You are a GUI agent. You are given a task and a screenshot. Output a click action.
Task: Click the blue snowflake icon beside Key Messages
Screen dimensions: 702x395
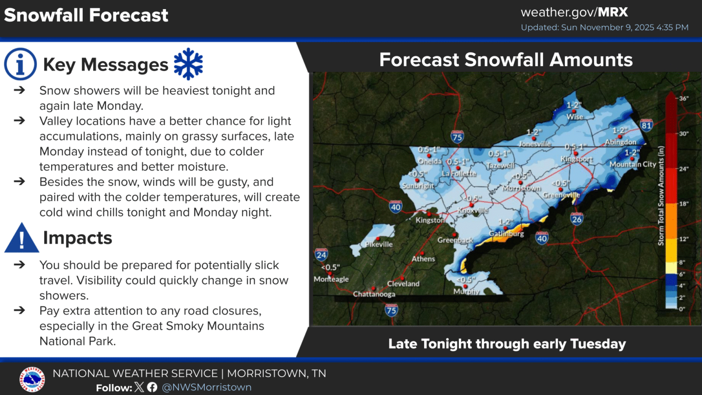(188, 64)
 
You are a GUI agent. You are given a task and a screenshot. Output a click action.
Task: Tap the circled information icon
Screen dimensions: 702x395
(20, 64)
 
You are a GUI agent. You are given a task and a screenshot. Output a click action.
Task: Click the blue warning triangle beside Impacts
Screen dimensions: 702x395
(21, 239)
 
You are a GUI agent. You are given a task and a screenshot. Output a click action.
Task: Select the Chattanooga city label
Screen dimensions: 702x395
(374, 294)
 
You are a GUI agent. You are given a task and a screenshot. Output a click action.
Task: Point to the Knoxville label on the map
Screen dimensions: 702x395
(473, 211)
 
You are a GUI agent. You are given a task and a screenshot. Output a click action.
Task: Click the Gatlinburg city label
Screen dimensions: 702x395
(506, 234)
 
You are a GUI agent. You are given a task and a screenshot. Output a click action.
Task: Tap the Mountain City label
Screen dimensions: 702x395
(633, 164)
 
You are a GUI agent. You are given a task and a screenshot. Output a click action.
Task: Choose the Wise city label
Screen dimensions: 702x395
(574, 117)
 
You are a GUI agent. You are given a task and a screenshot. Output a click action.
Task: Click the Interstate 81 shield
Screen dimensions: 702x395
(646, 125)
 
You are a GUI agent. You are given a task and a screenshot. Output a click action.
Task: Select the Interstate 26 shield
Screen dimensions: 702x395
(577, 219)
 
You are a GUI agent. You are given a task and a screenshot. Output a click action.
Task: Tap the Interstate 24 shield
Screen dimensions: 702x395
(321, 255)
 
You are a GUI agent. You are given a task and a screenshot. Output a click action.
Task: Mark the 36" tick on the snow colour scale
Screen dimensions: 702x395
(683, 98)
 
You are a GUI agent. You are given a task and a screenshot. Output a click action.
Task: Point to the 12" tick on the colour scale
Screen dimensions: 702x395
(683, 239)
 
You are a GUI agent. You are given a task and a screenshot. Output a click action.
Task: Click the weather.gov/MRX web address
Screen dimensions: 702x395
(574, 12)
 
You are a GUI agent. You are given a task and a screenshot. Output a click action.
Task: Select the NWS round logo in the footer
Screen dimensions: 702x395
(32, 379)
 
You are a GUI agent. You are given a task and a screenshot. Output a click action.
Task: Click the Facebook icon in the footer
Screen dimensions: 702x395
(152, 387)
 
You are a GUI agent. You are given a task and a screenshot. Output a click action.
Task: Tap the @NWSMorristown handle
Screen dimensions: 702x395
(207, 387)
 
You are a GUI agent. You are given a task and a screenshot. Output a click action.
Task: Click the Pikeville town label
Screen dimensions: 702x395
(379, 244)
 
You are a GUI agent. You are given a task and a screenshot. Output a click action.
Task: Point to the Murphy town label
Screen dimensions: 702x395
(466, 291)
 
